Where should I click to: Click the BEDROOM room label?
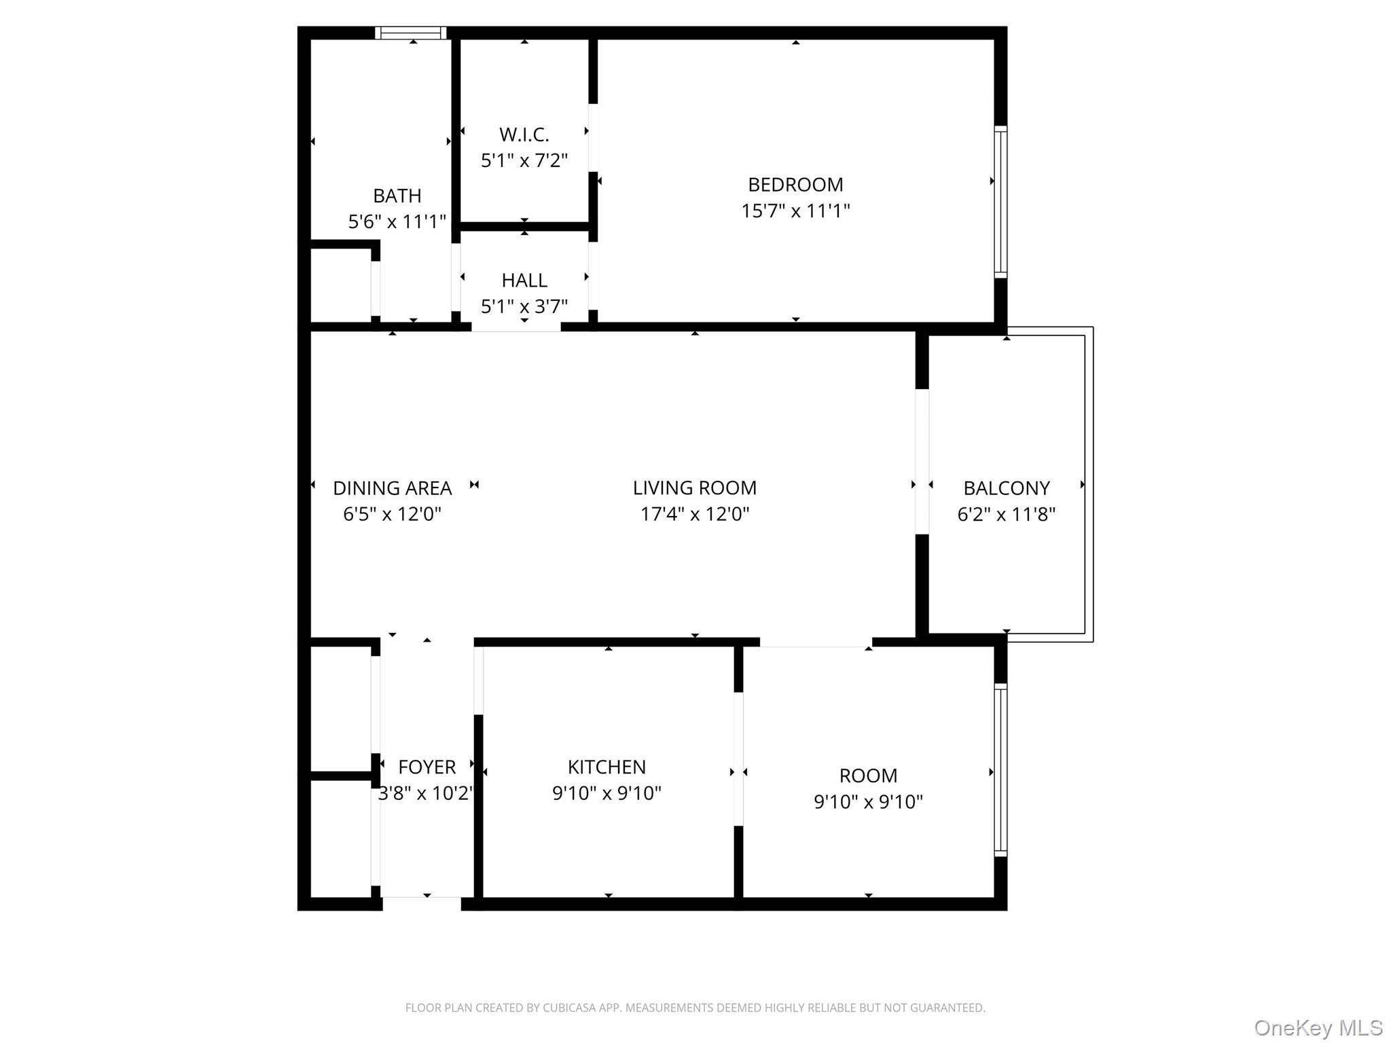click(795, 185)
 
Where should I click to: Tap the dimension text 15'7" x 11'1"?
click(795, 211)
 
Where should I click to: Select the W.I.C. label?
click(524, 134)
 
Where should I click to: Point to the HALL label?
click(524, 280)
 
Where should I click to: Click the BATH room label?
click(397, 196)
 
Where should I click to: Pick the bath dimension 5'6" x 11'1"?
click(397, 222)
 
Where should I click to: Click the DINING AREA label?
click(392, 488)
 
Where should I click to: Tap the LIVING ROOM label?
click(694, 488)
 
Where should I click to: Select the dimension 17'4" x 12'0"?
click(694, 514)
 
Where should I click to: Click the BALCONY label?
click(1006, 488)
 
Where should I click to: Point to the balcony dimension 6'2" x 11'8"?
click(1006, 515)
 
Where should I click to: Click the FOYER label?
click(427, 767)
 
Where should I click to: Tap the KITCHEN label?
click(607, 767)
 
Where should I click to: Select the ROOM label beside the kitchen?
click(868, 776)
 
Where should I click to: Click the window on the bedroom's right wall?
click(1000, 202)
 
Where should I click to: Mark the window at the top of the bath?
click(411, 33)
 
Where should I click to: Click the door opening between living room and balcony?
click(922, 462)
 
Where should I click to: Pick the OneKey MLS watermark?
click(1318, 1028)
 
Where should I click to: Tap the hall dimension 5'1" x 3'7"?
click(524, 307)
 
